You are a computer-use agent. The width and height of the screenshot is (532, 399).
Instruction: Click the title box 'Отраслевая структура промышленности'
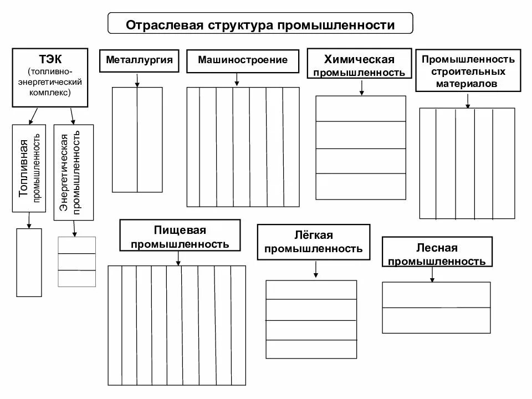[260, 25]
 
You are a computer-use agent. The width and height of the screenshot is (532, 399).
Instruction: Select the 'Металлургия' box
[139, 60]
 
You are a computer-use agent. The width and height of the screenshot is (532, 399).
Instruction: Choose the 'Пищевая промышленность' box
[180, 237]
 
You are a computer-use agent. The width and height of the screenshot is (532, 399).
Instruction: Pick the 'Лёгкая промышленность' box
[314, 242]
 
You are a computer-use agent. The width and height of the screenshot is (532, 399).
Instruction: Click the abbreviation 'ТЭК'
[50, 59]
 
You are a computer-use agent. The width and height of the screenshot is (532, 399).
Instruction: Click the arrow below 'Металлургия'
[137, 80]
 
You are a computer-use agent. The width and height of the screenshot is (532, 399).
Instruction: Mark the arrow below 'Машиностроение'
[237, 80]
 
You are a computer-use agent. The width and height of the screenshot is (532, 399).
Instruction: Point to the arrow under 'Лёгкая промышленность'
[315, 269]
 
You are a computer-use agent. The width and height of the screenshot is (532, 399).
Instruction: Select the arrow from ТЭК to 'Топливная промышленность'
[33, 116]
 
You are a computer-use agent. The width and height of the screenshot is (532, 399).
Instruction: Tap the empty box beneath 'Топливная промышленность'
[29, 262]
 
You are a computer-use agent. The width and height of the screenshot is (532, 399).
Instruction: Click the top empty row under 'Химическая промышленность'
[361, 109]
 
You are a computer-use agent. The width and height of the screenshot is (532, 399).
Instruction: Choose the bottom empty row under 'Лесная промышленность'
[436, 320]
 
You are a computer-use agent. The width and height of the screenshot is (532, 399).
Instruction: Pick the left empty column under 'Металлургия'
[125, 140]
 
